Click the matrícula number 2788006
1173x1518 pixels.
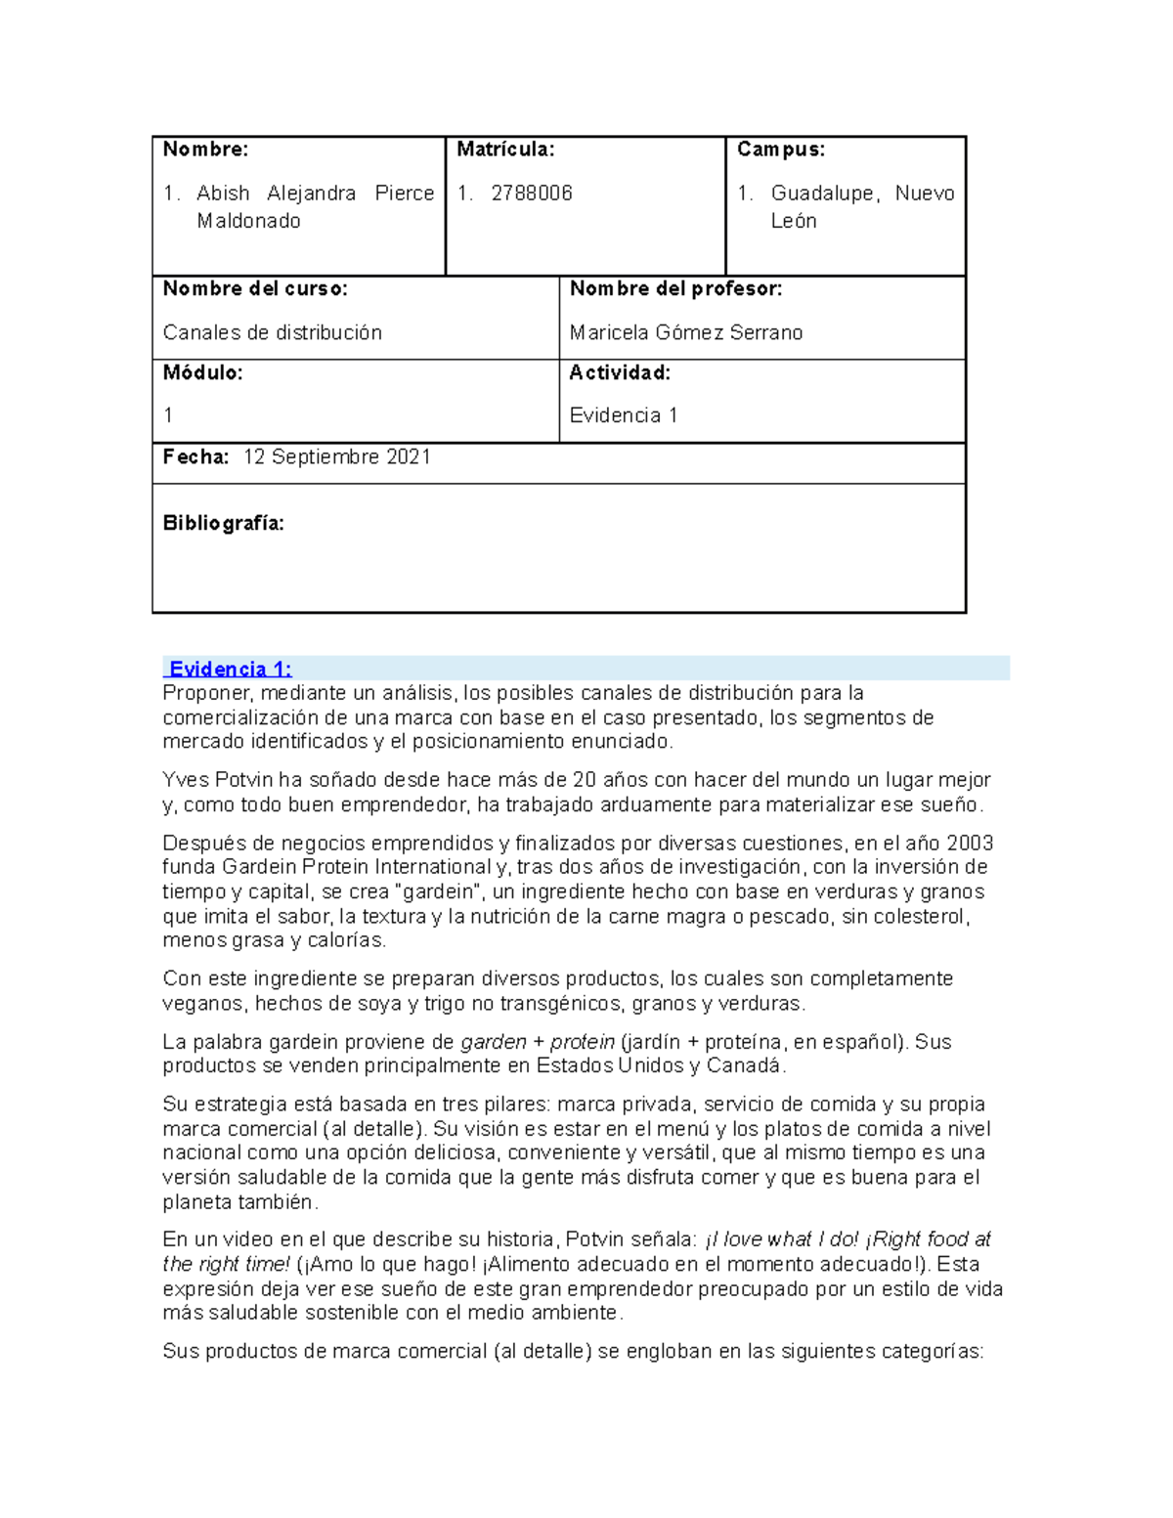tap(531, 194)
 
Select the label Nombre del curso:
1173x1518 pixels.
tap(255, 289)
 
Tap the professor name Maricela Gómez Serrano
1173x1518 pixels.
tap(686, 333)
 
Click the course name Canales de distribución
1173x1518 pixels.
tap(272, 333)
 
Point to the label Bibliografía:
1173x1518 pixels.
tap(223, 524)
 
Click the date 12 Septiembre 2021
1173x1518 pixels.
tap(336, 457)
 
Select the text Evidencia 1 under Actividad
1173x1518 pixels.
tap(624, 416)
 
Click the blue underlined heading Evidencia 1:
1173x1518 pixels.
tap(231, 670)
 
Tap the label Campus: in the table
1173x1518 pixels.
tap(781, 150)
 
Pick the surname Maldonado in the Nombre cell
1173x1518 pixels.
tap(248, 222)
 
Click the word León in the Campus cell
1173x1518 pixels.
tap(793, 222)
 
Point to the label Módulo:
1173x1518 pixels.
tap(202, 373)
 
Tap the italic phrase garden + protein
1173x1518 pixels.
tap(537, 1043)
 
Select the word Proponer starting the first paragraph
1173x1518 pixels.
tap(206, 694)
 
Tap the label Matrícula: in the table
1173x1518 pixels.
tap(505, 150)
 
